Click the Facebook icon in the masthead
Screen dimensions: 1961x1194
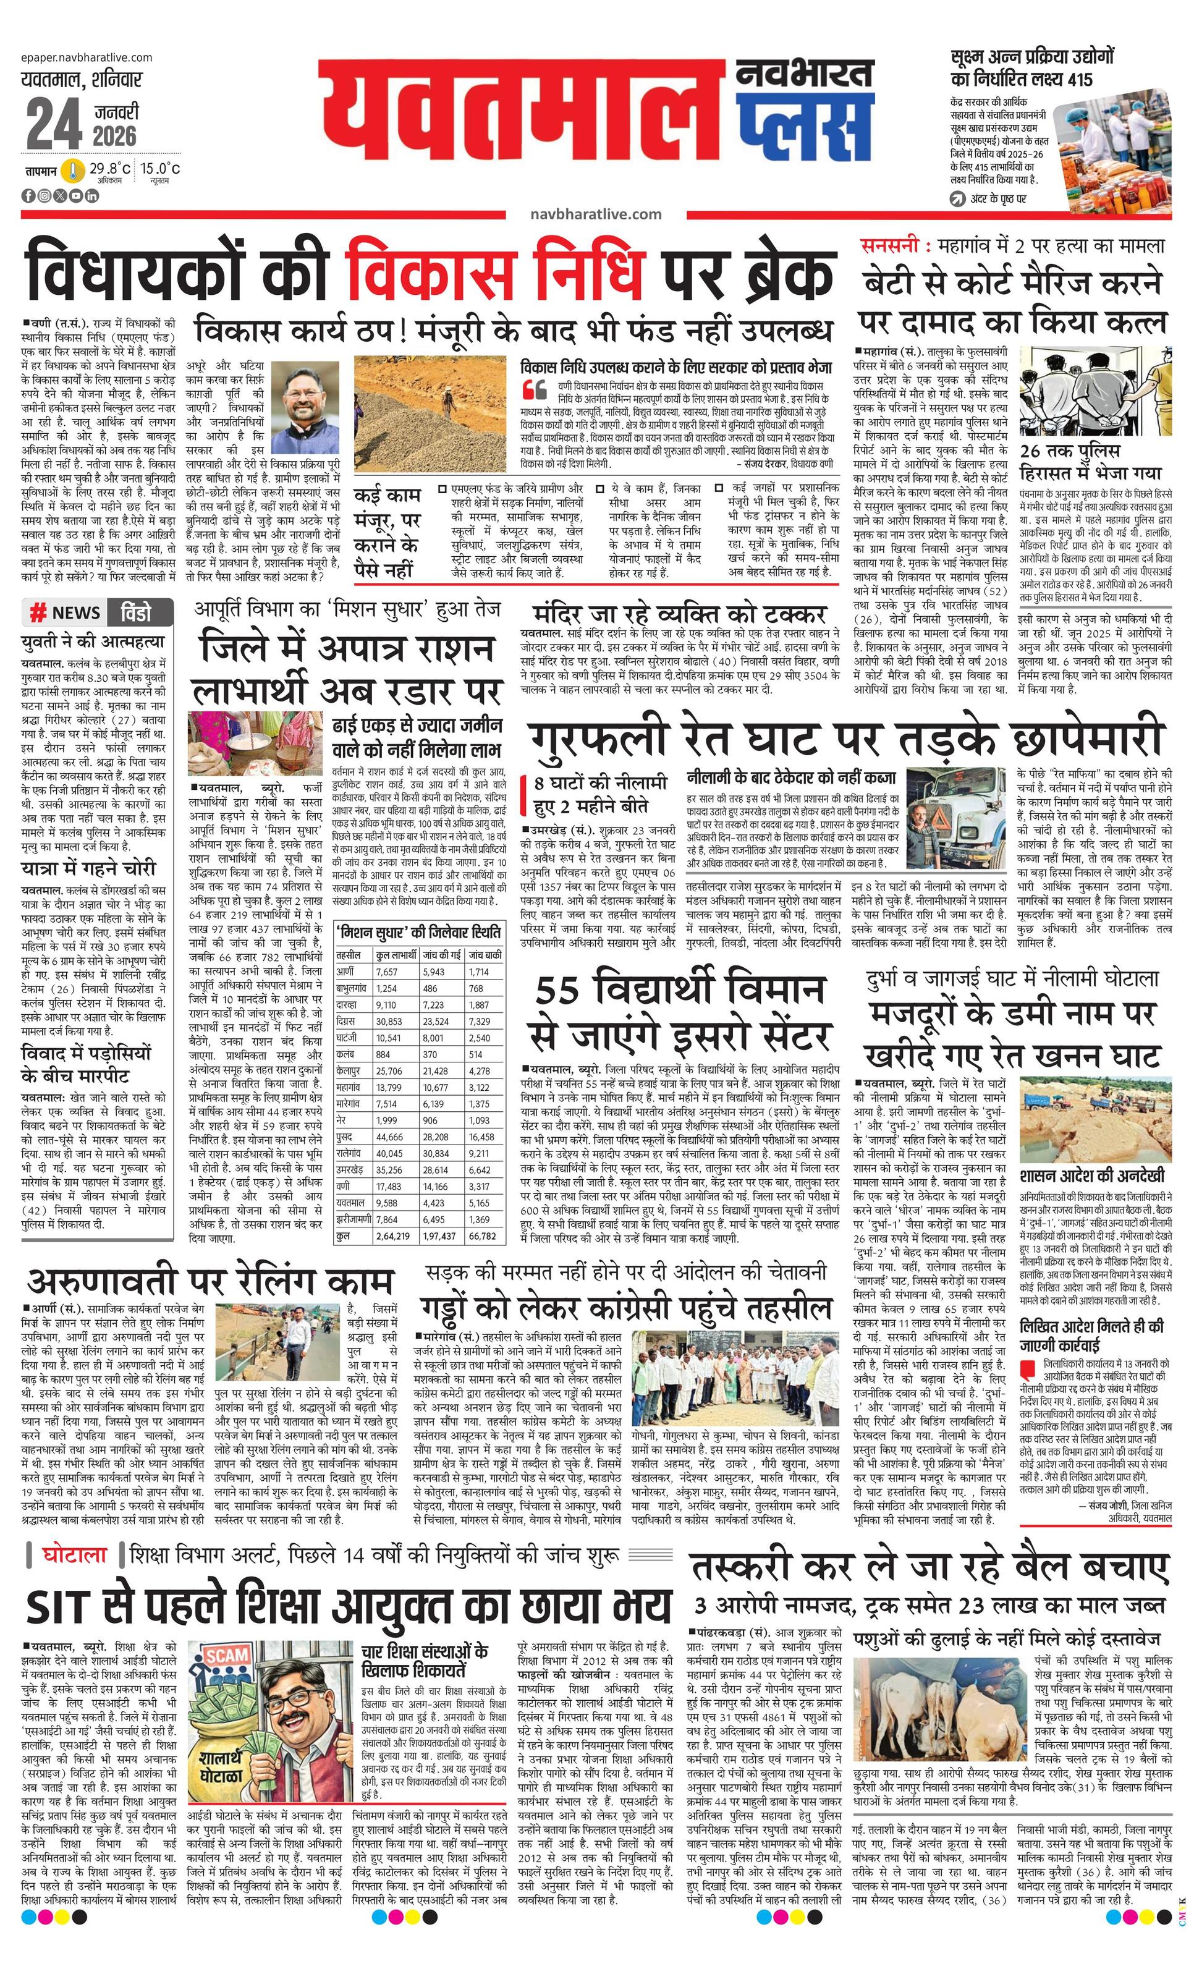pyautogui.click(x=28, y=196)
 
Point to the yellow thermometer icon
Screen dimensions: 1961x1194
pyautogui.click(x=73, y=171)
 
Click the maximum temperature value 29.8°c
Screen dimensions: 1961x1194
pyautogui.click(x=109, y=169)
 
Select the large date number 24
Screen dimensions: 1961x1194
pyautogui.click(x=53, y=124)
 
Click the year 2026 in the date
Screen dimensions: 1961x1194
pyautogui.click(x=114, y=135)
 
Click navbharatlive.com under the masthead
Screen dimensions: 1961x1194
pyautogui.click(x=595, y=214)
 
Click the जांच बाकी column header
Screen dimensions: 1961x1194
pyautogui.click(x=484, y=954)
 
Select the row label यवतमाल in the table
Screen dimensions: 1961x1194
pyautogui.click(x=351, y=1203)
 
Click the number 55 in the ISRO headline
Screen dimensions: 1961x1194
pyautogui.click(x=562, y=992)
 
